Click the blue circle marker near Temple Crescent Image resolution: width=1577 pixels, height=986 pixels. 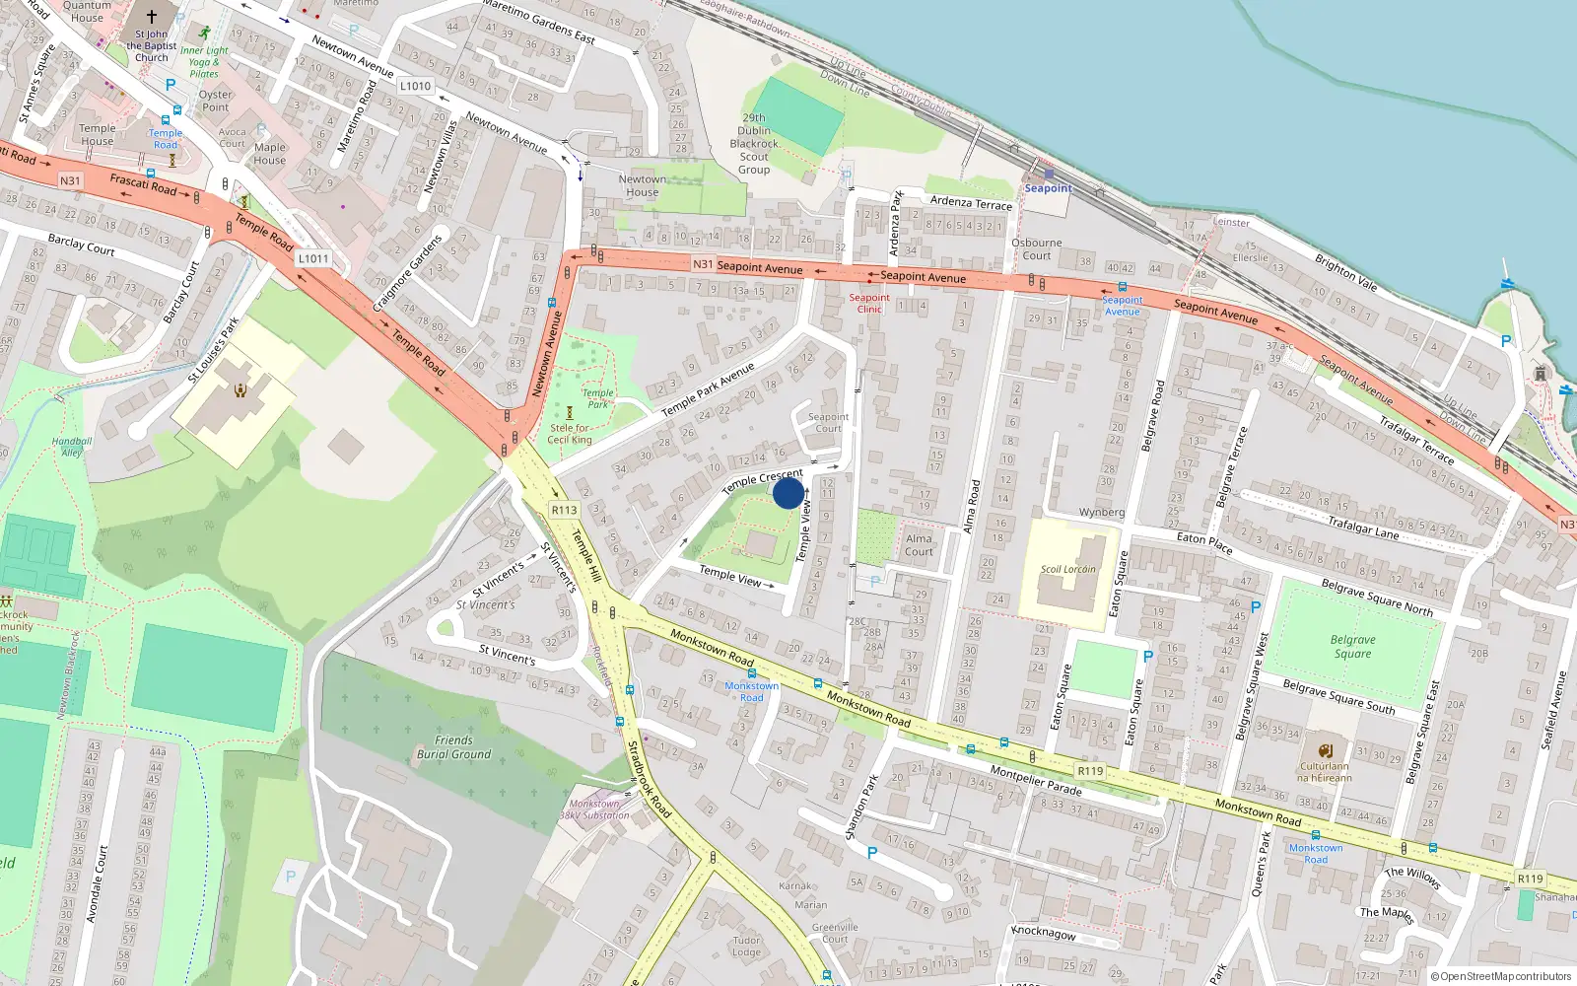point(788,492)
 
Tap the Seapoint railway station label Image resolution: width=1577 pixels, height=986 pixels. point(1048,187)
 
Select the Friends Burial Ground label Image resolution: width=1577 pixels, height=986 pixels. point(453,747)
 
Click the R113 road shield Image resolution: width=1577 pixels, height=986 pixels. point(564,510)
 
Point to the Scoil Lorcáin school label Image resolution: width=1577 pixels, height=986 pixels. point(1067,569)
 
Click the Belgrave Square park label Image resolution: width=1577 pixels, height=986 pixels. point(1352,646)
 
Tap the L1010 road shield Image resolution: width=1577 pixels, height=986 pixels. point(415,86)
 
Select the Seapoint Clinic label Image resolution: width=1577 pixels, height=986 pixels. point(868,303)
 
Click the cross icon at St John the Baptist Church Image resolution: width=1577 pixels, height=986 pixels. point(152,17)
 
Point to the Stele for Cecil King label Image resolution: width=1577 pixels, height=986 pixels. point(570,434)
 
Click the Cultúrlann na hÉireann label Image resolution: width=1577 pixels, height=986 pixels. point(1324,771)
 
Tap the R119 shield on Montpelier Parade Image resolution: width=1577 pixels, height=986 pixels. point(1090,771)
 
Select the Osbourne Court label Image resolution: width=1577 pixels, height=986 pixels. point(1036,248)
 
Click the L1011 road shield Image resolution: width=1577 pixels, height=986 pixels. point(313,258)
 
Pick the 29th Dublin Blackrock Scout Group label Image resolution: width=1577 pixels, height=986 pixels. point(754,144)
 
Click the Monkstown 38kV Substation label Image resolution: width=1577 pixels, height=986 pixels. point(594,810)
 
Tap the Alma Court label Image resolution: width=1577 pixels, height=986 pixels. point(919,544)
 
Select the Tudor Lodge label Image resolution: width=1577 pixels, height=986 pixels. point(746,946)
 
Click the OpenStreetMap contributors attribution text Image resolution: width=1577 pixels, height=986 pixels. point(1500,976)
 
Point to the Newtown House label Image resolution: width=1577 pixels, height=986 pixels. point(642,185)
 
